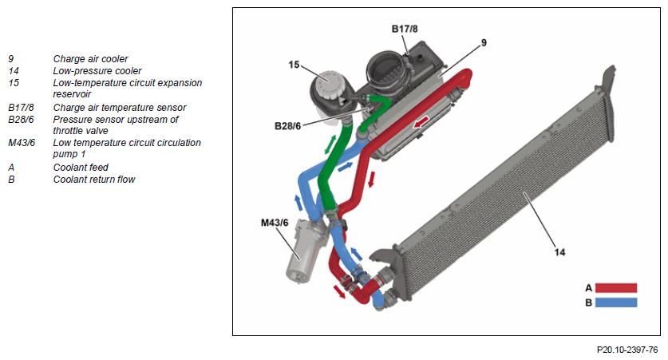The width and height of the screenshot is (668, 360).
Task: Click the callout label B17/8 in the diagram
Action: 405,29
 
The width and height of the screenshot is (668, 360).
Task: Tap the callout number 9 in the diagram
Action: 484,42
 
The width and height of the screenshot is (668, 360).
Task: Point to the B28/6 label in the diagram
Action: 289,125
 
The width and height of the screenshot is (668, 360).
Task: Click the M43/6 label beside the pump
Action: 274,222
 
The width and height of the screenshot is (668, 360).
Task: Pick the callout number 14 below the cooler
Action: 560,252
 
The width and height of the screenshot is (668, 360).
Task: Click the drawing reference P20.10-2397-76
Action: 627,350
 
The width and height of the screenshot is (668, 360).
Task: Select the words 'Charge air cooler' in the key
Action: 90,58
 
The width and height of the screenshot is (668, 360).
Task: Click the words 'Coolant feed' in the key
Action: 81,168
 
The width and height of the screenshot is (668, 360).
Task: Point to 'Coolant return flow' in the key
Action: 94,180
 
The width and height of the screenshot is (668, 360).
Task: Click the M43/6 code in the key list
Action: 21,143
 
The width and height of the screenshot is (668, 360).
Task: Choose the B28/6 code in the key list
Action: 22,119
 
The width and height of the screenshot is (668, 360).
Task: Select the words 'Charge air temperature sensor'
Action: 120,107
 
